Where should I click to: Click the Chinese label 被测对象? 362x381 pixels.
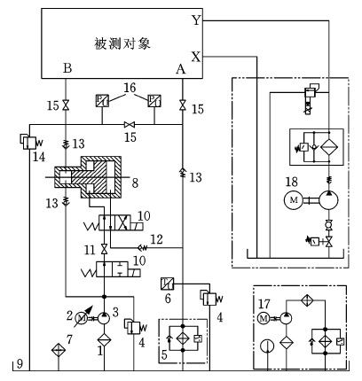[x=122, y=43]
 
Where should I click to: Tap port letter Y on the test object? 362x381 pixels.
[x=196, y=20]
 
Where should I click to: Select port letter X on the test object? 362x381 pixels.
[x=196, y=57]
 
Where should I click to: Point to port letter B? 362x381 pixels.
[x=67, y=68]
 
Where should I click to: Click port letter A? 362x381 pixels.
[x=181, y=69]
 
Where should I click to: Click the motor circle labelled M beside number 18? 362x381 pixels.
[x=294, y=200]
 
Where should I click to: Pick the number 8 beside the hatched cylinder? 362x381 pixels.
[x=135, y=183]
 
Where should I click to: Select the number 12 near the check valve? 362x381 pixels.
[x=157, y=239]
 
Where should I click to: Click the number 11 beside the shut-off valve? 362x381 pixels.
[x=90, y=250]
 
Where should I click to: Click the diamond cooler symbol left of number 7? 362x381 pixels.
[x=59, y=351]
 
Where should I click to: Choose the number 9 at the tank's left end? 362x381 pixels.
[x=20, y=364]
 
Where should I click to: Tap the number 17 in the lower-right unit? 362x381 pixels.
[x=264, y=304]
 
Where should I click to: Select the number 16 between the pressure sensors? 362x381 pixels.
[x=130, y=88]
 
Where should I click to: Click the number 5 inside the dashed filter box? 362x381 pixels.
[x=164, y=354]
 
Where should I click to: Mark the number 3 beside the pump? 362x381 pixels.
[x=115, y=312]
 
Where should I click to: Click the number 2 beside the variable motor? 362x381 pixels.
[x=69, y=315]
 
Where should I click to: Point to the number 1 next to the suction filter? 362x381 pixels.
[x=100, y=351]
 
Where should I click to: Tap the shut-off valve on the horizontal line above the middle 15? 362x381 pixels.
[x=130, y=124]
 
